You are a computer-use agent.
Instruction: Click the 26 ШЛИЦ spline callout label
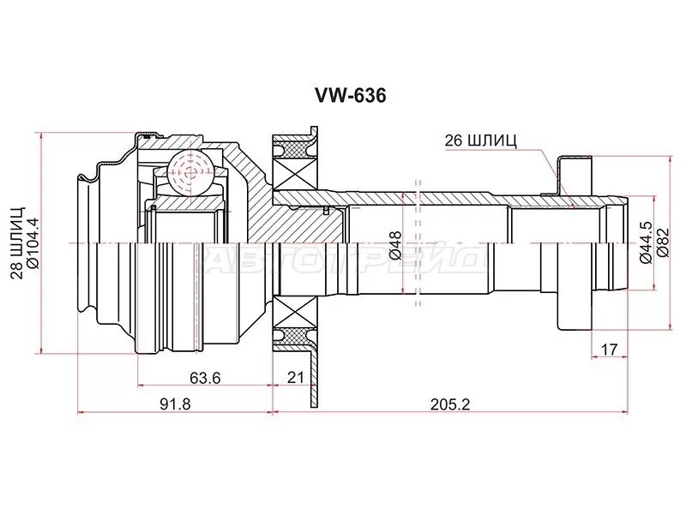(x=481, y=141)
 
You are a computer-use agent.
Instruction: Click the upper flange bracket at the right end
(x=573, y=176)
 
